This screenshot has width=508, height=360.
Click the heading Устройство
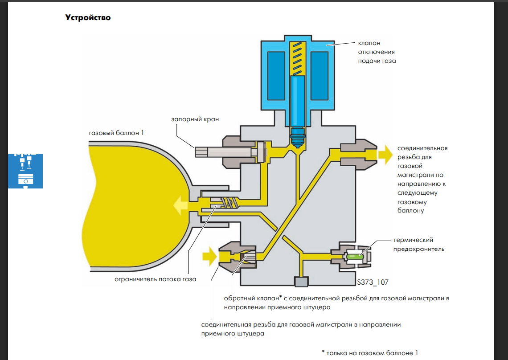pos(88,17)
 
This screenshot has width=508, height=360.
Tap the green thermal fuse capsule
pos(355,257)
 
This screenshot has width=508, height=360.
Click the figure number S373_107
pos(373,282)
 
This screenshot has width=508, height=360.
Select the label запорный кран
pos(195,119)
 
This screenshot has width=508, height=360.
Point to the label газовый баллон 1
pos(116,133)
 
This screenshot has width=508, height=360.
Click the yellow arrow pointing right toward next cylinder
pos(385,155)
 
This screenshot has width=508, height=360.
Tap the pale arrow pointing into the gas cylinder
pos(180,205)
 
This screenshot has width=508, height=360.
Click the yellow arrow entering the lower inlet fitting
pos(209,257)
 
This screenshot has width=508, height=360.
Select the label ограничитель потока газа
pos(155,279)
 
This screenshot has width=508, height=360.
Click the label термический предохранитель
pos(418,244)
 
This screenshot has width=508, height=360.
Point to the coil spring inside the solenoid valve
pos(297,59)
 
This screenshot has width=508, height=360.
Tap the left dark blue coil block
pos(276,76)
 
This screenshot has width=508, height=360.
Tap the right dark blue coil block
pos(320,76)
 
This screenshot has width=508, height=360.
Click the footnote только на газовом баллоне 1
pos(370,353)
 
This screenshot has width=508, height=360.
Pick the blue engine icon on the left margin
pos(25,171)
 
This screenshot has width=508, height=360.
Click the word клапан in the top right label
pos(369,43)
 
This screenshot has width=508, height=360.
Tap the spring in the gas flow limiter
pos(229,203)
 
